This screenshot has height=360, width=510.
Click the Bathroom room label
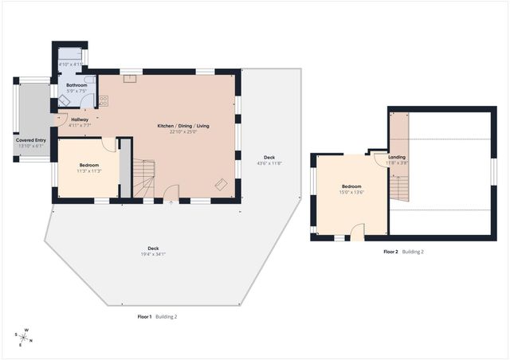click(x=76, y=84)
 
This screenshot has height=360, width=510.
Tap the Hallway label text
click(x=80, y=119)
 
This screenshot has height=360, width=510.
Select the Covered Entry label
click(x=30, y=140)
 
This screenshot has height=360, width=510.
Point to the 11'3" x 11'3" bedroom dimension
click(x=88, y=170)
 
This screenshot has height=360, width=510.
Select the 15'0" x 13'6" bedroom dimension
click(x=351, y=191)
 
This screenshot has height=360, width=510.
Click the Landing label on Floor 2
click(x=396, y=157)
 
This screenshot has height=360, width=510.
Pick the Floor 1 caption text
click(x=144, y=316)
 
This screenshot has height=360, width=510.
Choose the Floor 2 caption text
click(x=390, y=252)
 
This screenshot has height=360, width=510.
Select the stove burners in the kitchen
click(x=103, y=101)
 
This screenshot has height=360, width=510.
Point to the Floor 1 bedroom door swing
click(x=108, y=145)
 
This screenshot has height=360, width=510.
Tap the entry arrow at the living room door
click(x=170, y=202)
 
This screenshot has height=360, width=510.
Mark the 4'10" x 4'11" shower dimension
click(x=70, y=64)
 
